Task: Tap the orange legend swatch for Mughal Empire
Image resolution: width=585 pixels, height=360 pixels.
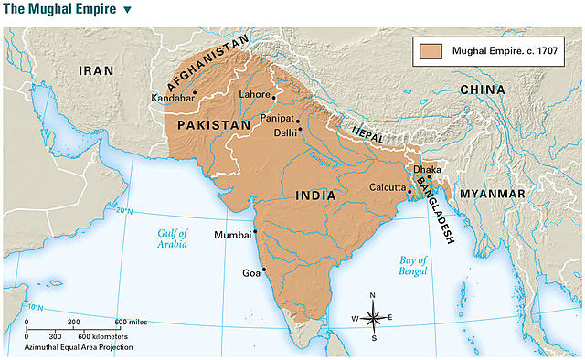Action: [429, 51]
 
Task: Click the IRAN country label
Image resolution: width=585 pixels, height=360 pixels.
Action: [96, 70]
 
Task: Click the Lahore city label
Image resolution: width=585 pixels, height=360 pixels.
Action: [253, 94]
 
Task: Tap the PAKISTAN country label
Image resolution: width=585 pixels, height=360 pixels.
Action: [213, 123]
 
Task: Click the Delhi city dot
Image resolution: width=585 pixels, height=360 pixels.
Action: [299, 131]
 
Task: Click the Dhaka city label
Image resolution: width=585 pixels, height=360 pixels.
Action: [427, 169]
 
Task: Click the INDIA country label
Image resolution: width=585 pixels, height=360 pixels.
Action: [314, 196]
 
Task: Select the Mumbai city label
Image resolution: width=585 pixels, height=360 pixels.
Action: [231, 235]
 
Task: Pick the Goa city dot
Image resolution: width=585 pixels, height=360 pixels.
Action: [263, 269]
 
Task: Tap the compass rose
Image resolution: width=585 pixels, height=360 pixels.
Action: [373, 317]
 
